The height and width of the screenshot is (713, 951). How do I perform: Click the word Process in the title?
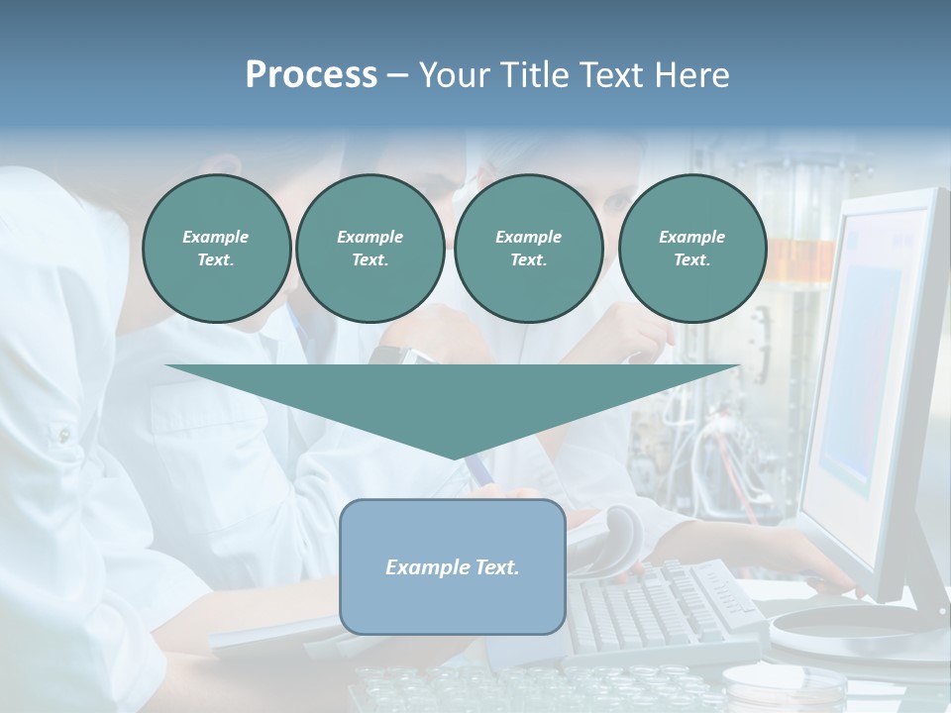coord(311,75)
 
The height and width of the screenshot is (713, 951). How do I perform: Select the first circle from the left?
coord(216,249)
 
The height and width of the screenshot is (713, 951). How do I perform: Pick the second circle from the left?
coord(370,249)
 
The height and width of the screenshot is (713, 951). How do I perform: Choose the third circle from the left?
coord(528,249)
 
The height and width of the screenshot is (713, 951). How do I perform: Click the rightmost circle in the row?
coord(691,249)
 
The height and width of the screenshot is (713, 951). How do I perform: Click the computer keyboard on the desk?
coord(664,604)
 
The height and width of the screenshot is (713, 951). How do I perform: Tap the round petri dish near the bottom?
coord(770,684)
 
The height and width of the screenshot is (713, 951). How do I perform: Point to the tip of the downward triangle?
coord(454,457)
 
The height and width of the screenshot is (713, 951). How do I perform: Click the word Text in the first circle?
coord(216,260)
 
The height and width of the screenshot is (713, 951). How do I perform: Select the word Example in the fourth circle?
coord(691,237)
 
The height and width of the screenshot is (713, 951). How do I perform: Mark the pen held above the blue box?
coord(481,471)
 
